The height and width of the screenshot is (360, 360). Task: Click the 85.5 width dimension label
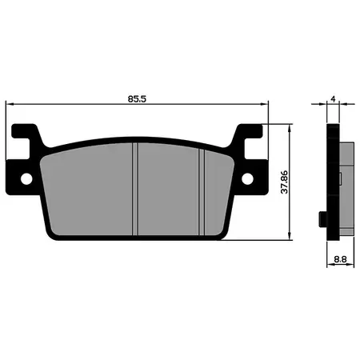(x=137, y=99)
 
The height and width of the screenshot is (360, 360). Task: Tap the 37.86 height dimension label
(x=285, y=182)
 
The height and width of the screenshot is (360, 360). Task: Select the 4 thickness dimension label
(x=333, y=99)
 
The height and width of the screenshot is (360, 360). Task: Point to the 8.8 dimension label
(x=340, y=258)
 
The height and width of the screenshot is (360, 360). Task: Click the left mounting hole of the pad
(x=26, y=178)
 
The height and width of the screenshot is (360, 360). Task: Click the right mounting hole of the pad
(x=247, y=178)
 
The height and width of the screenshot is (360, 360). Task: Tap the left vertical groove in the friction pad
(x=135, y=189)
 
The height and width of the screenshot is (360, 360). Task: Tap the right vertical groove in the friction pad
(x=202, y=192)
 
